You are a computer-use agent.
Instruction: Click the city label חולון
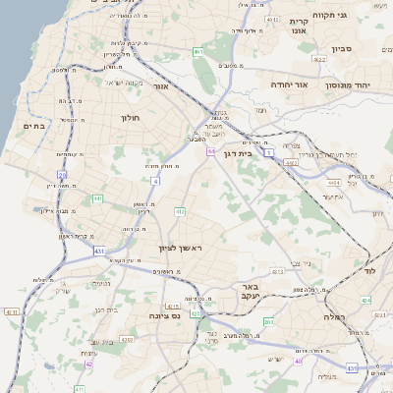click(131, 118)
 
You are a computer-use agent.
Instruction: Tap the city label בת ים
click(34, 126)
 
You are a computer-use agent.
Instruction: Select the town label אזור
click(161, 86)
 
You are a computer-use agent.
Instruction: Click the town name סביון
click(340, 47)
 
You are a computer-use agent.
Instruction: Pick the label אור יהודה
click(289, 85)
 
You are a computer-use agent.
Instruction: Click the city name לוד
click(370, 269)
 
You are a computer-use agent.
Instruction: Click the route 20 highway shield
click(62, 176)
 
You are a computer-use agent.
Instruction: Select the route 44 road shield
click(210, 151)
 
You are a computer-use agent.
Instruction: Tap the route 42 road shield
click(89, 364)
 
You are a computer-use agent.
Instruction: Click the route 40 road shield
click(298, 361)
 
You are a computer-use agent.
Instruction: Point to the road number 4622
click(320, 60)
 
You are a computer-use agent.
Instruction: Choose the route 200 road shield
click(269, 322)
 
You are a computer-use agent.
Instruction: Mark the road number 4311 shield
click(12, 311)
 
